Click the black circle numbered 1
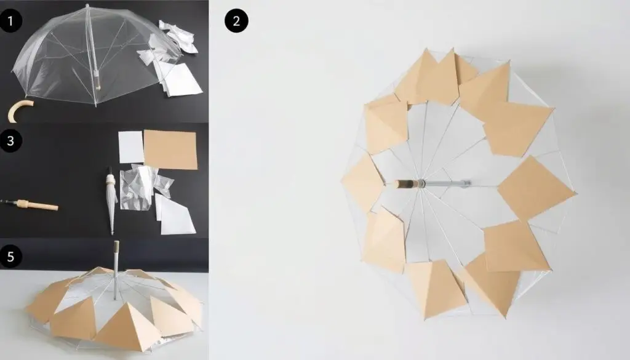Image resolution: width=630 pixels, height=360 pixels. (10, 20)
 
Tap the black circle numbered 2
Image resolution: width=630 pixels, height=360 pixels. (236, 21)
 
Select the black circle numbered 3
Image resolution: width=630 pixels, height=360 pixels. (10, 141)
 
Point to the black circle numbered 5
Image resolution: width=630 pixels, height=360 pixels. (10, 257)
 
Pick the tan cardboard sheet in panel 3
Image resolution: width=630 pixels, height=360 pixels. (171, 150)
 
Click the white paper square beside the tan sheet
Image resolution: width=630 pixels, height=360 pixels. (131, 147)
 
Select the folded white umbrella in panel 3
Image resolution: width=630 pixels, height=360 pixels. (111, 201)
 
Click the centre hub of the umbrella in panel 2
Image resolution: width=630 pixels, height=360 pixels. (421, 184)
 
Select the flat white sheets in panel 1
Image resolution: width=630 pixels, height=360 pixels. (181, 81)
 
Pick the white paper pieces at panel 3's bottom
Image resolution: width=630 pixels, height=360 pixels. (175, 215)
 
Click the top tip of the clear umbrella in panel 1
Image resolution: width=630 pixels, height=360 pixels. (87, 6)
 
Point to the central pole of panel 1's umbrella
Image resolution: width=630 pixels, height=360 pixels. (92, 48)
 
